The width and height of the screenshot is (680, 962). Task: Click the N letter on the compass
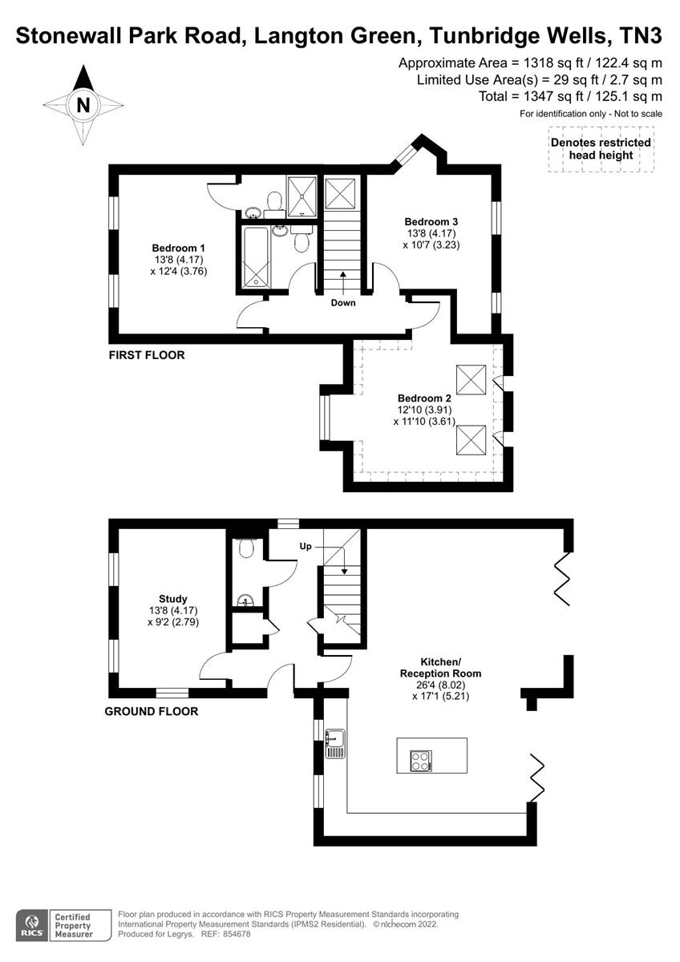83,104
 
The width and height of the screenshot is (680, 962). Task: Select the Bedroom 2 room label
424,398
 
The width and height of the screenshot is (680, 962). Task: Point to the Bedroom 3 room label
431,221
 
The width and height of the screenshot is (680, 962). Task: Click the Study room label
173,598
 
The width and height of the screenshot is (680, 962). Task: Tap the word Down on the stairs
342,302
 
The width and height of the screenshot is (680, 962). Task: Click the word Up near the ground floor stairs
306,546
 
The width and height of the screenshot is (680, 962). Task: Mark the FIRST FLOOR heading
147,354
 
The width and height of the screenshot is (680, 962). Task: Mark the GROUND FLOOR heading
152,711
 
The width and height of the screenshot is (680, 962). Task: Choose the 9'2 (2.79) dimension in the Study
173,621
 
